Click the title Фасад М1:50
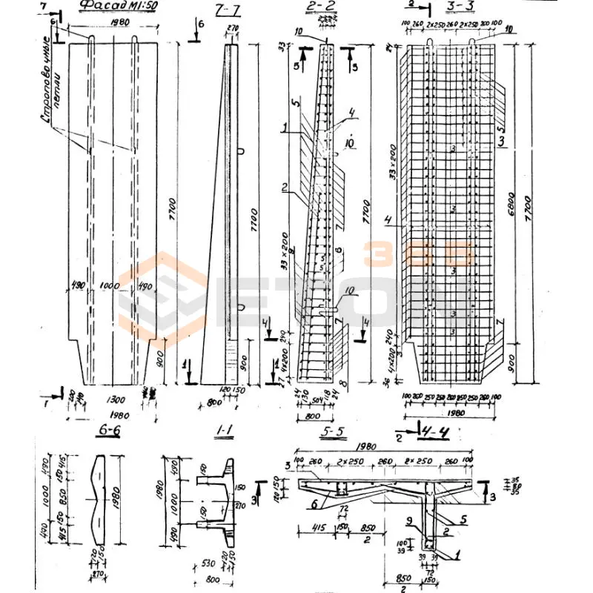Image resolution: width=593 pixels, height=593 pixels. click(116, 9)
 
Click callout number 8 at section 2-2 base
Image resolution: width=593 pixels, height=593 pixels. click(342, 385)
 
